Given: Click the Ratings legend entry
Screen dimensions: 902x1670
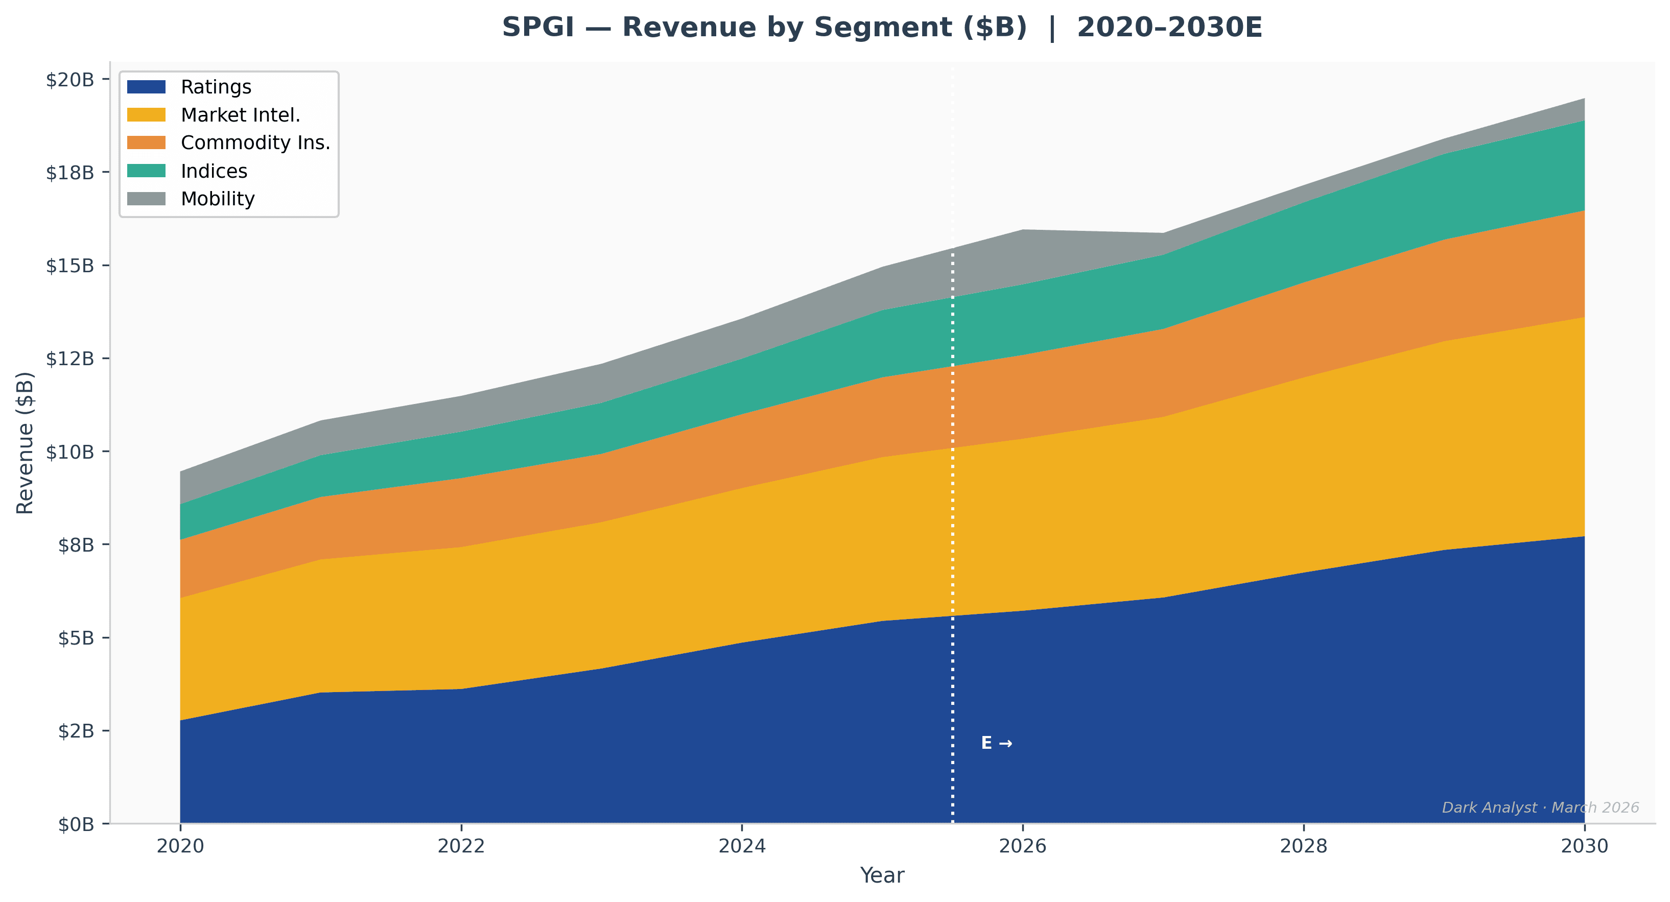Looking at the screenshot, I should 215,87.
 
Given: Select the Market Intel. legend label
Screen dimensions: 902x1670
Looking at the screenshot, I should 241,115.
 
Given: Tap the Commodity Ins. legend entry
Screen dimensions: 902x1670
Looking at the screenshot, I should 255,143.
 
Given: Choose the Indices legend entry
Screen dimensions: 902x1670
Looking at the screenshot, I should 214,171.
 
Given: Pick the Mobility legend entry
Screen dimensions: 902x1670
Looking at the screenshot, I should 218,199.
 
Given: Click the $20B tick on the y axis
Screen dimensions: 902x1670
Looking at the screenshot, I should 70,80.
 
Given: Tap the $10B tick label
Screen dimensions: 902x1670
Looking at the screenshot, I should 70,452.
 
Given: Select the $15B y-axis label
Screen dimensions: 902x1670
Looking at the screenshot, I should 70,266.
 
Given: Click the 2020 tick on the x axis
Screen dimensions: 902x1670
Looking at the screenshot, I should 180,846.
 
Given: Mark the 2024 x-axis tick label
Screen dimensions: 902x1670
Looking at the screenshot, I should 742,846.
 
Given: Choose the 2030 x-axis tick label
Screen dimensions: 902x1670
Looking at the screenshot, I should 1584,846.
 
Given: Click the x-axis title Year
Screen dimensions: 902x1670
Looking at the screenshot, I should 882,875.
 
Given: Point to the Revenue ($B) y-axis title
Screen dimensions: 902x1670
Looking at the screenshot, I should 25,443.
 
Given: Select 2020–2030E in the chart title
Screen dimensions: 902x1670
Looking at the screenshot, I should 1169,28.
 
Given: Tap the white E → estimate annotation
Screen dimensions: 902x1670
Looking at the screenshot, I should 996,743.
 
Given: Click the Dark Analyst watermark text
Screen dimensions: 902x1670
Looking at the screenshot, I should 1540,808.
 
